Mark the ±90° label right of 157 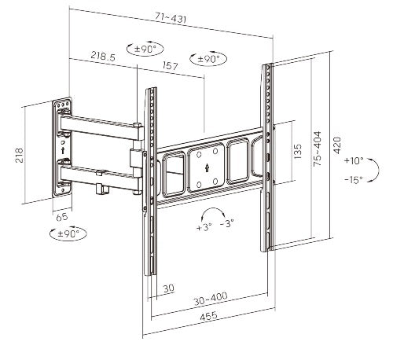[207, 59]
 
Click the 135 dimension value [298, 151]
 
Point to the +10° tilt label [354, 160]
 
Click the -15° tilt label [354, 179]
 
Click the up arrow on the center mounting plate [205, 168]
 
